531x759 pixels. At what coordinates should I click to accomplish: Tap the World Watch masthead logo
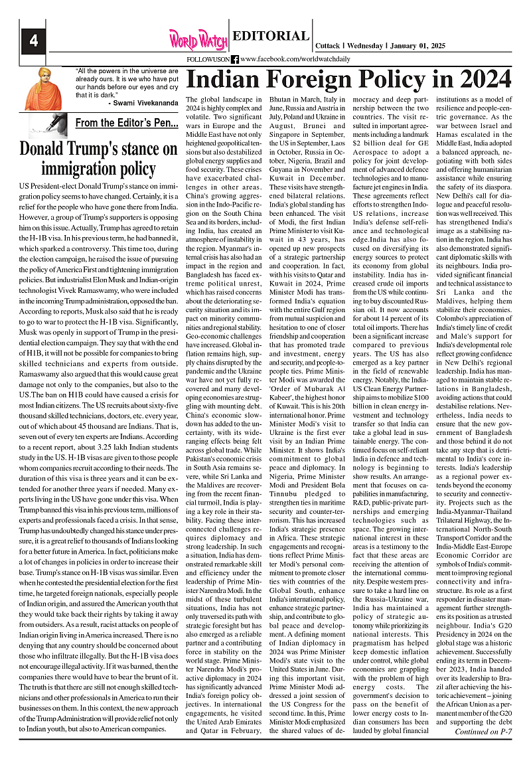[x=197, y=39]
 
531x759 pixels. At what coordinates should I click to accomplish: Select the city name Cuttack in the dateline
[x=327, y=45]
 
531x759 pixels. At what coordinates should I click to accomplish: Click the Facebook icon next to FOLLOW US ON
[x=235, y=59]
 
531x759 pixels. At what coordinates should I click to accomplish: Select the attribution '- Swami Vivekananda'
[x=143, y=104]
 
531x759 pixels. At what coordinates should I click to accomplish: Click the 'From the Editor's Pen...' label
[x=127, y=123]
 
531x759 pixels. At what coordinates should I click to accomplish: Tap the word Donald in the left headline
[x=43, y=149]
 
